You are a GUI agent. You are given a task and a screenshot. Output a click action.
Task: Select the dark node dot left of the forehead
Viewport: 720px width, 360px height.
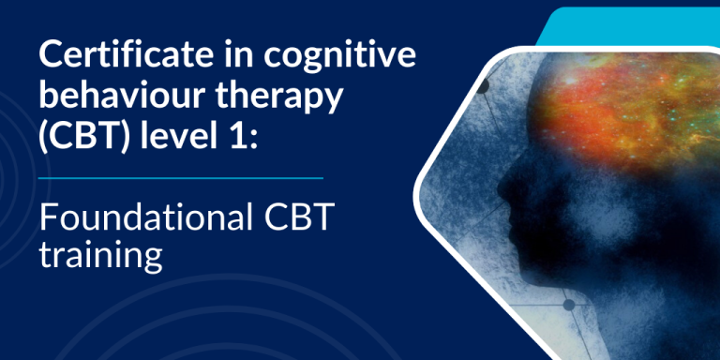[484, 87]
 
